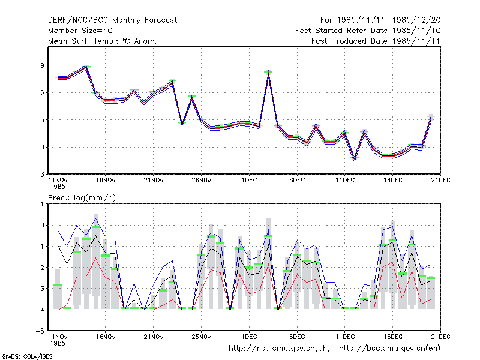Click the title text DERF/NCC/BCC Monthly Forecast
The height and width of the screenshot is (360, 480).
[x=112, y=20]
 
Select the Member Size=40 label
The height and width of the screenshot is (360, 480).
[x=80, y=31]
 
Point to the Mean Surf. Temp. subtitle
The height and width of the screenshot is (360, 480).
[x=103, y=41]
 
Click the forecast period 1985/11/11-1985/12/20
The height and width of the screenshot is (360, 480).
[x=380, y=20]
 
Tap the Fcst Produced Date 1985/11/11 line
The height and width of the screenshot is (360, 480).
[x=376, y=41]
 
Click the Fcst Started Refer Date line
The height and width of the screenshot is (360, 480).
[x=368, y=31]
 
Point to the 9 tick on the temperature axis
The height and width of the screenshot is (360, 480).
[x=42, y=65]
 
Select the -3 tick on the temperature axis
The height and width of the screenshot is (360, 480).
[x=40, y=175]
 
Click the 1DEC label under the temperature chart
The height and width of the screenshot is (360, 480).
[x=249, y=181]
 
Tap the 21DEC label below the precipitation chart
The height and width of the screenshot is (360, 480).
[x=440, y=337]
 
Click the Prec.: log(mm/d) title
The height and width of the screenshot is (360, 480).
[x=82, y=198]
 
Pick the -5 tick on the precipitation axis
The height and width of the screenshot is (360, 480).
[x=40, y=331]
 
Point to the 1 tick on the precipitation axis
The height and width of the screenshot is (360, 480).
[x=42, y=204]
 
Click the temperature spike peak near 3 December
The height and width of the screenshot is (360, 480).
[x=268, y=71]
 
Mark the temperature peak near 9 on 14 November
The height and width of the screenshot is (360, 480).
[x=86, y=65]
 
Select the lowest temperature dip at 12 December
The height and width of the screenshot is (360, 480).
[x=355, y=159]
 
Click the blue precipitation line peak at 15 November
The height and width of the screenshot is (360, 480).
[x=96, y=218]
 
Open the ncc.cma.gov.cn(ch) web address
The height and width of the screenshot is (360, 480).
[x=279, y=349]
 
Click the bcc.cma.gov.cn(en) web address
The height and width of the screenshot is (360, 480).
[x=389, y=349]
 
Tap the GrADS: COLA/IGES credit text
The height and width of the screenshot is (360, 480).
[x=27, y=356]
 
